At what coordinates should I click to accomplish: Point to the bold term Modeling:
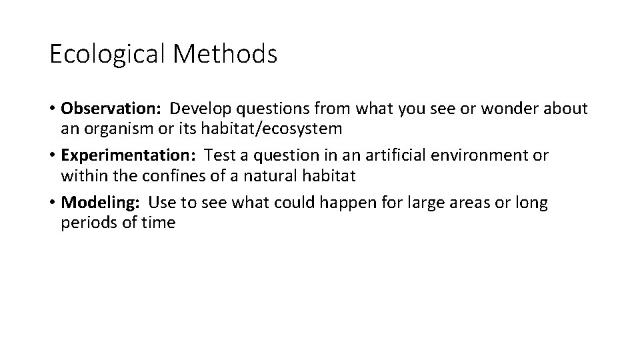pos(101,203)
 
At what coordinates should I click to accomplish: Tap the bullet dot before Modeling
pos(53,203)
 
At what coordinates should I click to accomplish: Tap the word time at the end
pos(159,223)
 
